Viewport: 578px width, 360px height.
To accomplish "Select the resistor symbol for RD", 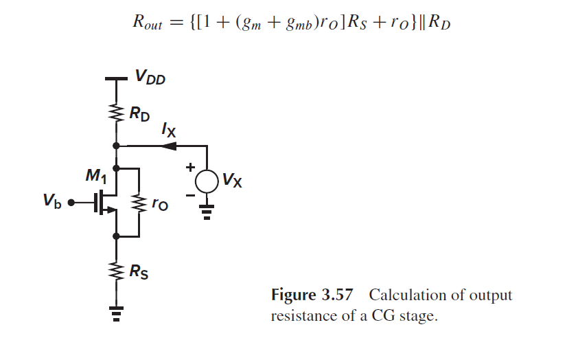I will pos(116,111).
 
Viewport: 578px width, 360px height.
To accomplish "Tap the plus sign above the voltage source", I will pos(189,167).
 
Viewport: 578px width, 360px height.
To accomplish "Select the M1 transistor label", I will pos(93,177).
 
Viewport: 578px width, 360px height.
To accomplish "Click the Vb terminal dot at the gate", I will pos(70,203).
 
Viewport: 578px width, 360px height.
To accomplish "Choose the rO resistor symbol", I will pos(140,203).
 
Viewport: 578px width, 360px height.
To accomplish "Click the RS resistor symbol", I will pos(116,271).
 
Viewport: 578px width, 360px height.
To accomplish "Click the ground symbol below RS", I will pos(116,314).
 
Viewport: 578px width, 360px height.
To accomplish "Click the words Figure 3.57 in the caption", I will pos(312,295).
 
